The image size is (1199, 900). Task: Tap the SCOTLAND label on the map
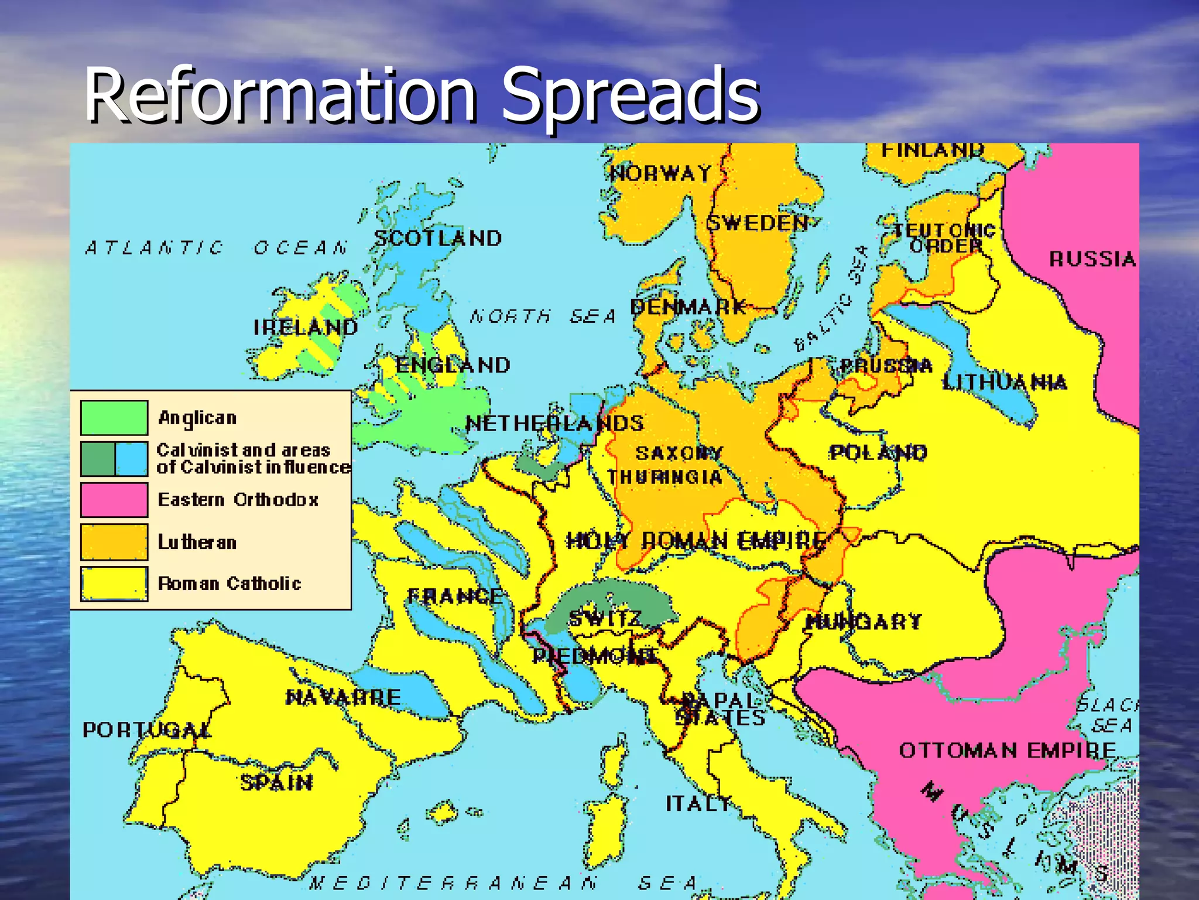[438, 238]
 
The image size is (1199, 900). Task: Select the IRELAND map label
[305, 328]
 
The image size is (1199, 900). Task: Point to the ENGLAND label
[453, 366]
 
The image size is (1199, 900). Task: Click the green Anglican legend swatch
[114, 418]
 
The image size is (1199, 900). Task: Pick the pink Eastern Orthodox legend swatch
[114, 500]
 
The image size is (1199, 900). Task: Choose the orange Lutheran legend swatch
[114, 542]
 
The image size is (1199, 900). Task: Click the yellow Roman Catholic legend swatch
[114, 584]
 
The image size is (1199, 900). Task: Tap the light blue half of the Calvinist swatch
[131, 459]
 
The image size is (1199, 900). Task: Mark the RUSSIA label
[1092, 259]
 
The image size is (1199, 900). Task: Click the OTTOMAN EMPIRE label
[1008, 751]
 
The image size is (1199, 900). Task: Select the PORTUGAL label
[146, 730]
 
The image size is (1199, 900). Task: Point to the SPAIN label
[276, 783]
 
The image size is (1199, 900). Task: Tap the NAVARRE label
[343, 697]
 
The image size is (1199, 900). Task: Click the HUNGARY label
[864, 622]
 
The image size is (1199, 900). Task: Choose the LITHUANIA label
[1005, 383]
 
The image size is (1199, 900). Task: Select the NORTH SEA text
[543, 317]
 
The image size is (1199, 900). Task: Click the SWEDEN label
[757, 223]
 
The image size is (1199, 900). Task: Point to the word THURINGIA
[664, 478]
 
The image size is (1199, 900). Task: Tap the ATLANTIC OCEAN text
[217, 248]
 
